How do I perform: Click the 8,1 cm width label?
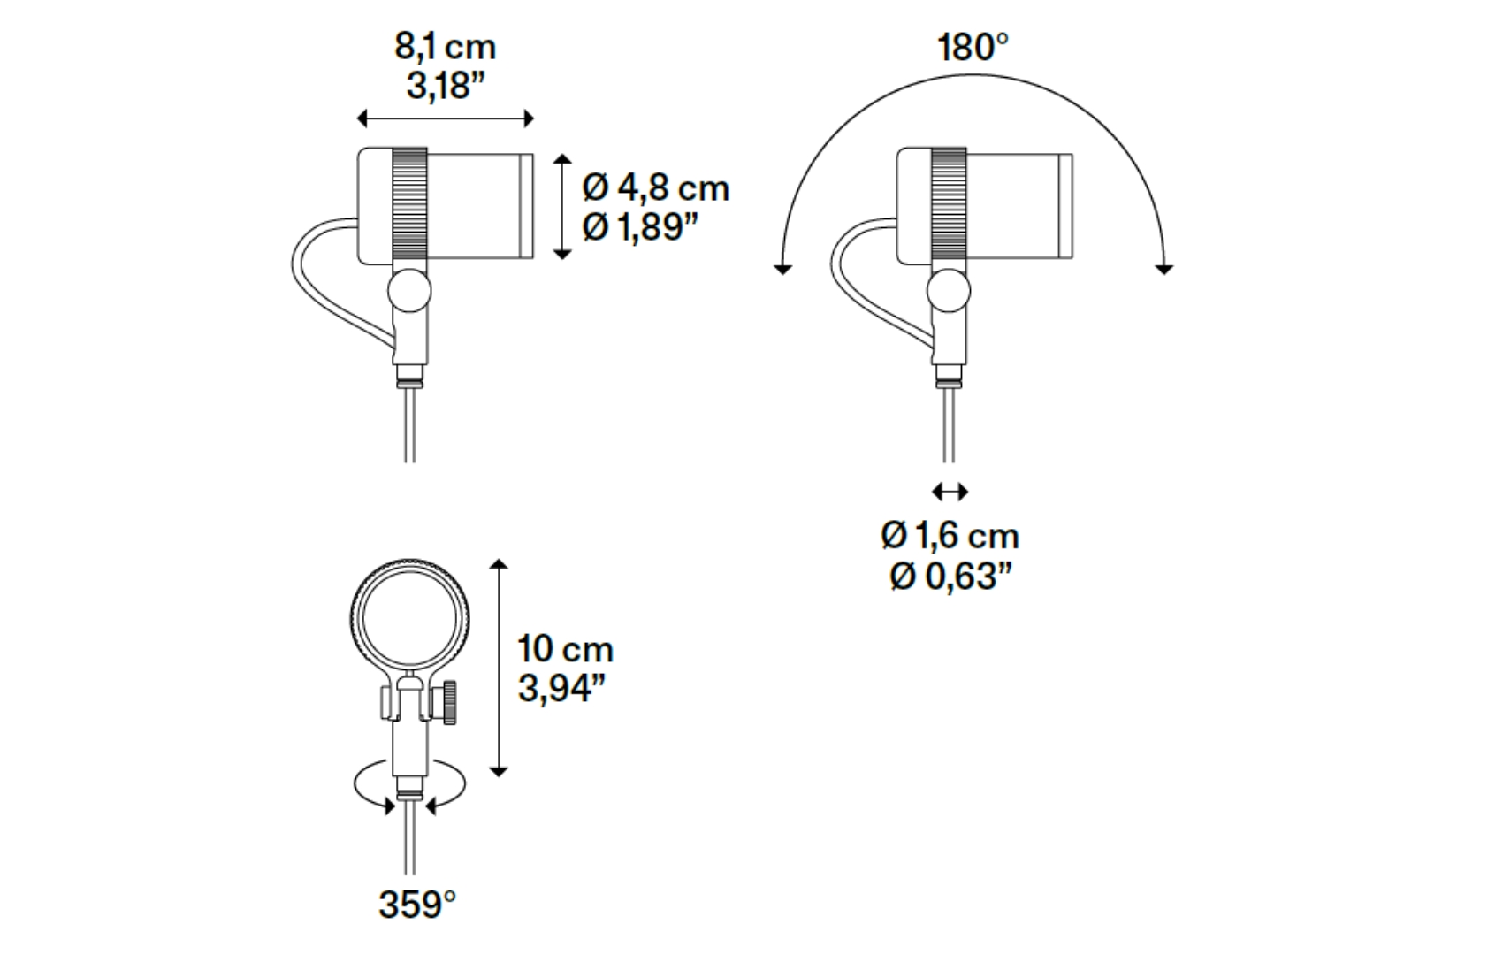pyautogui.click(x=445, y=47)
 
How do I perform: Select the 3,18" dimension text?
pyautogui.click(x=446, y=87)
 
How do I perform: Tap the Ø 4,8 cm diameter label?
pyautogui.click(x=655, y=187)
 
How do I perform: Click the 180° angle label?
pyautogui.click(x=973, y=48)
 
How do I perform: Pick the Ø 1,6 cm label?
pyautogui.click(x=950, y=536)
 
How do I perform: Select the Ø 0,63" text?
pyautogui.click(x=950, y=577)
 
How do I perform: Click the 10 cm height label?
pyautogui.click(x=565, y=649)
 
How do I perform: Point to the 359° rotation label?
pyautogui.click(x=417, y=905)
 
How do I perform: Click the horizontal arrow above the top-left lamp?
pyautogui.click(x=445, y=118)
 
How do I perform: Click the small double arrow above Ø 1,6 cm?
pyautogui.click(x=950, y=492)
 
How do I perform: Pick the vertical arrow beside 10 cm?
pyautogui.click(x=500, y=668)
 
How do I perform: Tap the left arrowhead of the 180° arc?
pyautogui.click(x=782, y=268)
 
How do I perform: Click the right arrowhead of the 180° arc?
pyautogui.click(x=1164, y=268)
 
